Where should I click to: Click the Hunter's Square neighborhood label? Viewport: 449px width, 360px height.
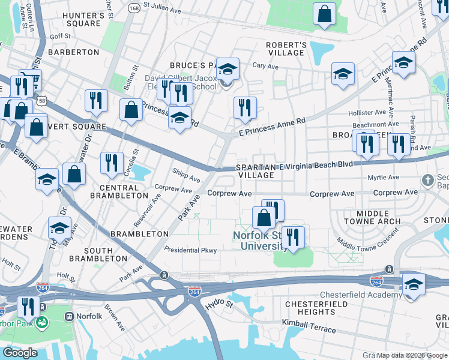click(75, 19)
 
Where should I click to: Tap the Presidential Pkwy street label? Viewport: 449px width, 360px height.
click(190, 250)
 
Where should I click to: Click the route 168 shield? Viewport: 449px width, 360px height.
click(134, 8)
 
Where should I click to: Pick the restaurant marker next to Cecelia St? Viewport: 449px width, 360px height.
click(112, 162)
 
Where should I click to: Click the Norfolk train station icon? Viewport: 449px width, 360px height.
click(69, 316)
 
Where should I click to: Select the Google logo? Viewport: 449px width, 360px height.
click(20, 353)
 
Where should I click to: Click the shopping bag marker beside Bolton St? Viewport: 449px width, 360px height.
click(131, 110)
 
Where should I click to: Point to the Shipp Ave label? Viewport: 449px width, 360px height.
click(186, 178)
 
